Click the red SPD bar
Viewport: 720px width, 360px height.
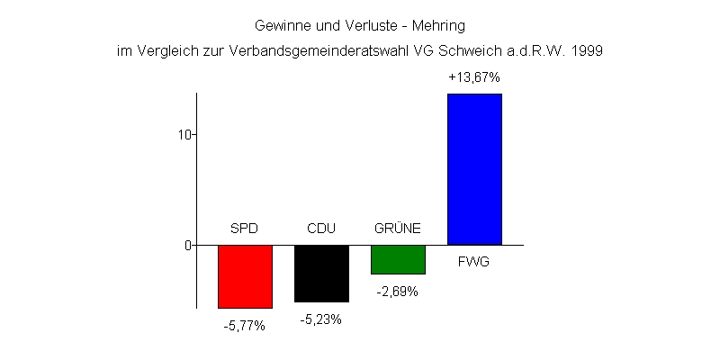245,276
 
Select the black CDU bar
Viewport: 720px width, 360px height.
321,274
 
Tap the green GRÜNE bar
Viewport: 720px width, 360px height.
398,259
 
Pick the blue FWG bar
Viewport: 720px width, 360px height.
474,169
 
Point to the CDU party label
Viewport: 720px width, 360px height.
321,229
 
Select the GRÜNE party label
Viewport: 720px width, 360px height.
398,229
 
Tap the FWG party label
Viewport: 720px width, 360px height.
474,262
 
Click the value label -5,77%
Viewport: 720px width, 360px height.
245,326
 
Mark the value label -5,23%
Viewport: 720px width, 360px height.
321,319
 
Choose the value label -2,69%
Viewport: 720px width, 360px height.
398,292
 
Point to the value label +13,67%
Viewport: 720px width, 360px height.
474,78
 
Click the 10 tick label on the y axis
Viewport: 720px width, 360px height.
184,134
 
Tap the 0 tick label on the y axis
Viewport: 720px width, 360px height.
188,245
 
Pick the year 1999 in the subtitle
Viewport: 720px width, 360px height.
587,51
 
